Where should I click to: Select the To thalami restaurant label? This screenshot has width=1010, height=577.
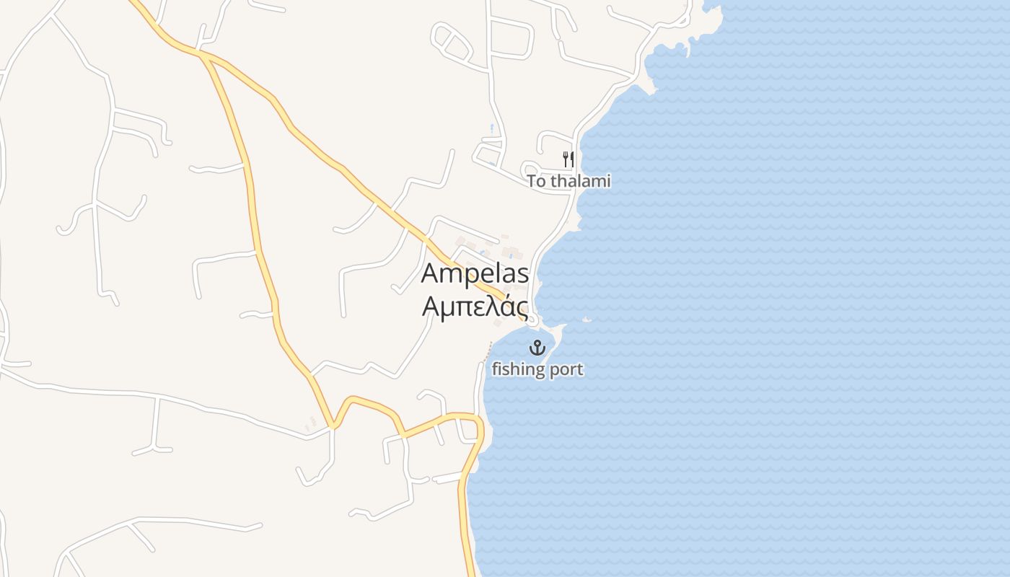(568, 181)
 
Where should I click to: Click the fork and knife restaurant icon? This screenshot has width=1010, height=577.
(568, 159)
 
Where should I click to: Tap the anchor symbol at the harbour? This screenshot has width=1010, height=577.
(537, 348)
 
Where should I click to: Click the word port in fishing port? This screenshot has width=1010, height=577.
(566, 370)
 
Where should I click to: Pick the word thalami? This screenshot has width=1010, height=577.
(581, 181)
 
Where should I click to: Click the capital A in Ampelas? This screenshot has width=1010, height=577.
(430, 274)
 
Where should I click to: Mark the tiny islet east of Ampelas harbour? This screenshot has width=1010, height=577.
(586, 320)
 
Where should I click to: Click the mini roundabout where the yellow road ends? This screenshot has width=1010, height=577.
(532, 319)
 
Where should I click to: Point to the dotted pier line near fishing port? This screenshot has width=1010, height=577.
(488, 352)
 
